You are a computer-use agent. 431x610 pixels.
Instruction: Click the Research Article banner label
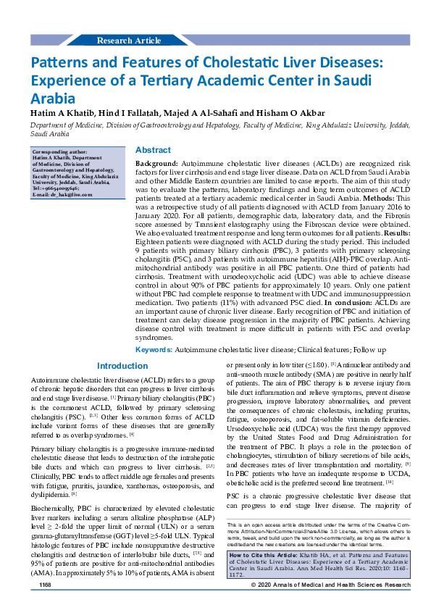(x=128, y=41)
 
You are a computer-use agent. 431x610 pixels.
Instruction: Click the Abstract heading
(x=153, y=149)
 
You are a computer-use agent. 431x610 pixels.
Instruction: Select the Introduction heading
(x=122, y=367)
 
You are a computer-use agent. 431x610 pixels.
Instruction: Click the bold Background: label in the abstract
(x=157, y=166)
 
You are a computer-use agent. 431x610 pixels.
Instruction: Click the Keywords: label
(x=154, y=349)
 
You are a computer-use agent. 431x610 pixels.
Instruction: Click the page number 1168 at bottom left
(x=45, y=603)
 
